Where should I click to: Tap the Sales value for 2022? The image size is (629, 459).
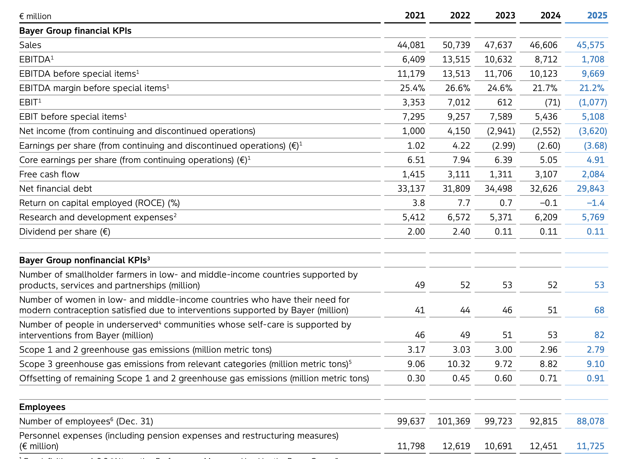click(x=456, y=45)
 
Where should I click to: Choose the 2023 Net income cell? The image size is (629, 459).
click(x=501, y=131)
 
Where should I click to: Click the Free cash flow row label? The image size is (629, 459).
click(x=49, y=174)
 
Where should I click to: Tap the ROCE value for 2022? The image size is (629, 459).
click(x=462, y=203)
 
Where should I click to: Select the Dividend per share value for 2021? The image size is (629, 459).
click(x=416, y=231)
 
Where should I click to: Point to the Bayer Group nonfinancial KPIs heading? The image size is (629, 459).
click(x=84, y=260)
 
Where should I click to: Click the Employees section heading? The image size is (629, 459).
click(x=42, y=407)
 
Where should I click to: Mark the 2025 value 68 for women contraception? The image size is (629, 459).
click(x=599, y=310)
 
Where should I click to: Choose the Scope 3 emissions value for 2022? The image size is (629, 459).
click(x=458, y=364)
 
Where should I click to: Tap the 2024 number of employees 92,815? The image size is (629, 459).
click(x=543, y=421)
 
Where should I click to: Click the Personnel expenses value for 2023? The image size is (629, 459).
click(x=498, y=446)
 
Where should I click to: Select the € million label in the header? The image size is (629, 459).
click(x=35, y=16)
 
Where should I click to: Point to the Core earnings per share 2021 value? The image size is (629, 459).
click(x=416, y=160)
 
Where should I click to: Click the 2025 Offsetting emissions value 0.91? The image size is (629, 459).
click(x=595, y=378)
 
